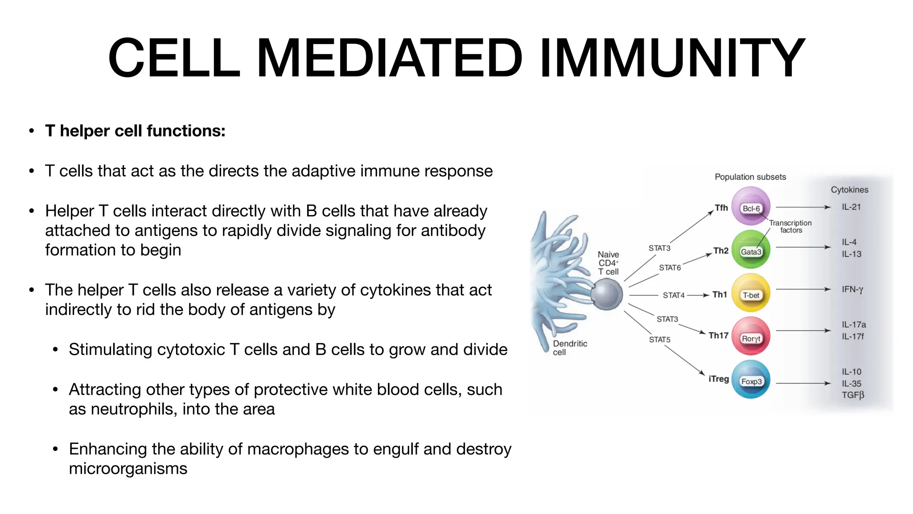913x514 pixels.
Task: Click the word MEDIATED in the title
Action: (x=389, y=58)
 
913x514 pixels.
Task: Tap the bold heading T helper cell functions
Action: (x=135, y=131)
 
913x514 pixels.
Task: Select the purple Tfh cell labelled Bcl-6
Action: (x=751, y=206)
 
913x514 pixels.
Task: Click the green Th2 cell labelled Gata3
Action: (x=751, y=249)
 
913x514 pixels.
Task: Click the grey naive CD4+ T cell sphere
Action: (x=606, y=294)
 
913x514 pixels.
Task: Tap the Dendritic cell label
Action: (x=569, y=348)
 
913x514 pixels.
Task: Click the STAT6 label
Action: (x=670, y=268)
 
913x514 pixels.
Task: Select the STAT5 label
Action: (x=659, y=340)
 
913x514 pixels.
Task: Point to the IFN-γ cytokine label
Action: (x=852, y=289)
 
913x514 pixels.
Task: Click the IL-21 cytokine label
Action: (x=851, y=207)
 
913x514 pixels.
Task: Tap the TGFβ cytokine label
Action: (x=852, y=395)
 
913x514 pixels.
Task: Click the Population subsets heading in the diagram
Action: (x=750, y=177)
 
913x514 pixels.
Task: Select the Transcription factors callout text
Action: (x=790, y=226)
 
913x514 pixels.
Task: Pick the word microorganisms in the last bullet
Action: (x=128, y=468)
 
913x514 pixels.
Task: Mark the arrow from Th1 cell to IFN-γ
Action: (x=802, y=290)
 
